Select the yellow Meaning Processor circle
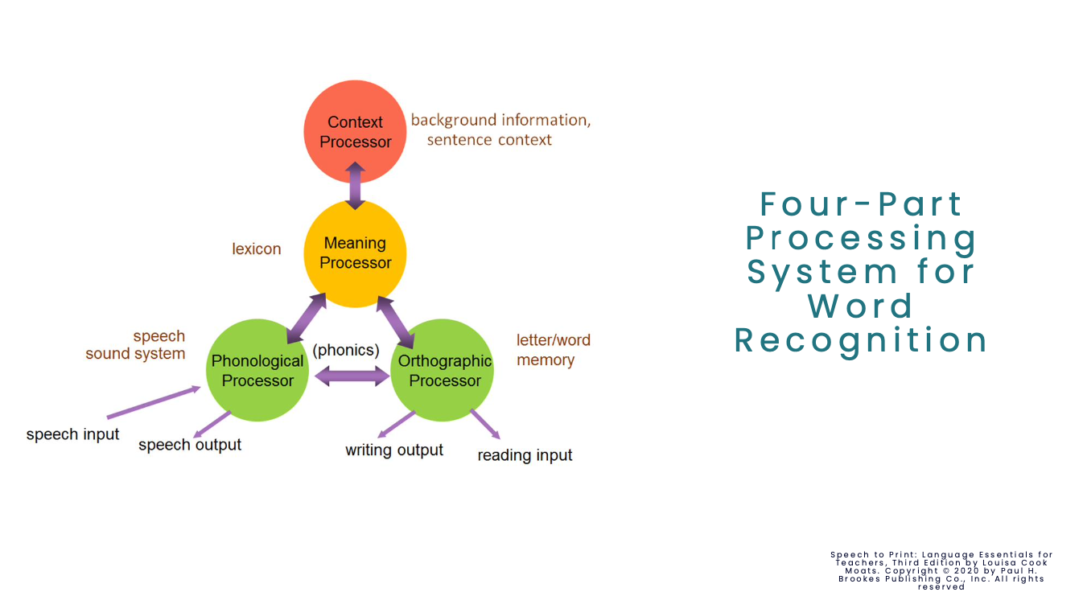(x=355, y=253)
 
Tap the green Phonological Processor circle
(x=257, y=371)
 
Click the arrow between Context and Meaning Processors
(x=355, y=186)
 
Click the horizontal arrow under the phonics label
(x=352, y=376)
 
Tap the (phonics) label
(x=346, y=351)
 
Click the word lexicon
(x=257, y=249)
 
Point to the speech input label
(x=72, y=435)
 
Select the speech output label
(x=190, y=445)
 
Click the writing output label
(x=394, y=450)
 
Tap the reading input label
(x=525, y=456)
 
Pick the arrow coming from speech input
(x=153, y=402)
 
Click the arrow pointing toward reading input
(x=484, y=424)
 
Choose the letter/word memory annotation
(x=553, y=350)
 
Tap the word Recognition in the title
(x=861, y=340)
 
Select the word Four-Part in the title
(x=861, y=204)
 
